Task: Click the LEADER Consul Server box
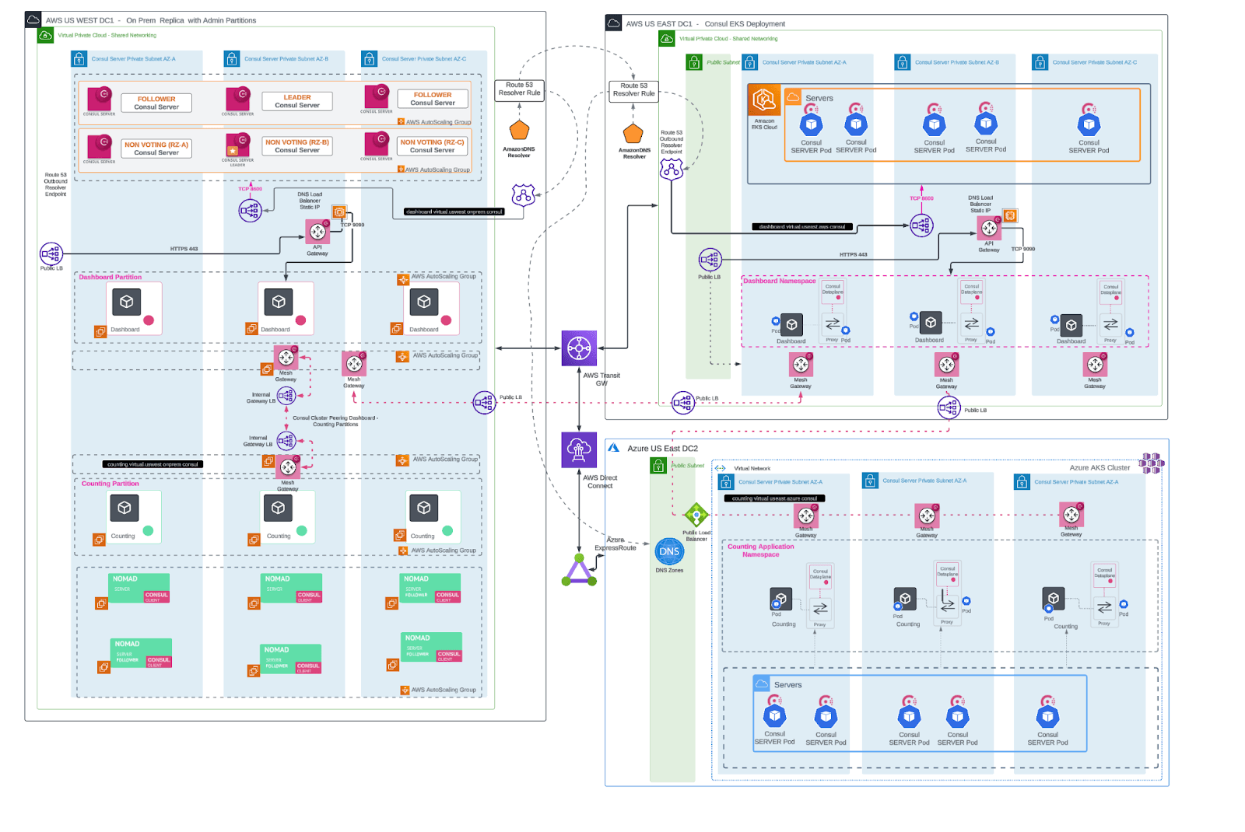click(297, 101)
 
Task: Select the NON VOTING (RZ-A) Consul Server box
click(156, 148)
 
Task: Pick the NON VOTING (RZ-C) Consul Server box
click(432, 146)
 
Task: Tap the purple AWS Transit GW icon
click(579, 348)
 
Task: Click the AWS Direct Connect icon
click(579, 450)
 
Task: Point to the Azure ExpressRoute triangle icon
click(579, 571)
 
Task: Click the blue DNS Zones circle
click(669, 552)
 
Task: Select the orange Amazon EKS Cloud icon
click(764, 100)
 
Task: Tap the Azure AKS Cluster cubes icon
click(1151, 463)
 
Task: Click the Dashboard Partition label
click(110, 277)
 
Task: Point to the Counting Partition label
click(110, 484)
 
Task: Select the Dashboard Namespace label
click(779, 281)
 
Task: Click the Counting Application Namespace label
click(761, 551)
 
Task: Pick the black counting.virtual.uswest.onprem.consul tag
click(153, 464)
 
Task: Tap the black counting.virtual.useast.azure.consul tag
click(774, 498)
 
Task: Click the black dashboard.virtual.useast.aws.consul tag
click(802, 227)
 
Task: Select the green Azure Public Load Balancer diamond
click(696, 514)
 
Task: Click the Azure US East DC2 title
click(662, 449)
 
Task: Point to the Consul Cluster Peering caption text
click(335, 421)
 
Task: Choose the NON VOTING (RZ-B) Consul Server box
click(297, 146)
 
